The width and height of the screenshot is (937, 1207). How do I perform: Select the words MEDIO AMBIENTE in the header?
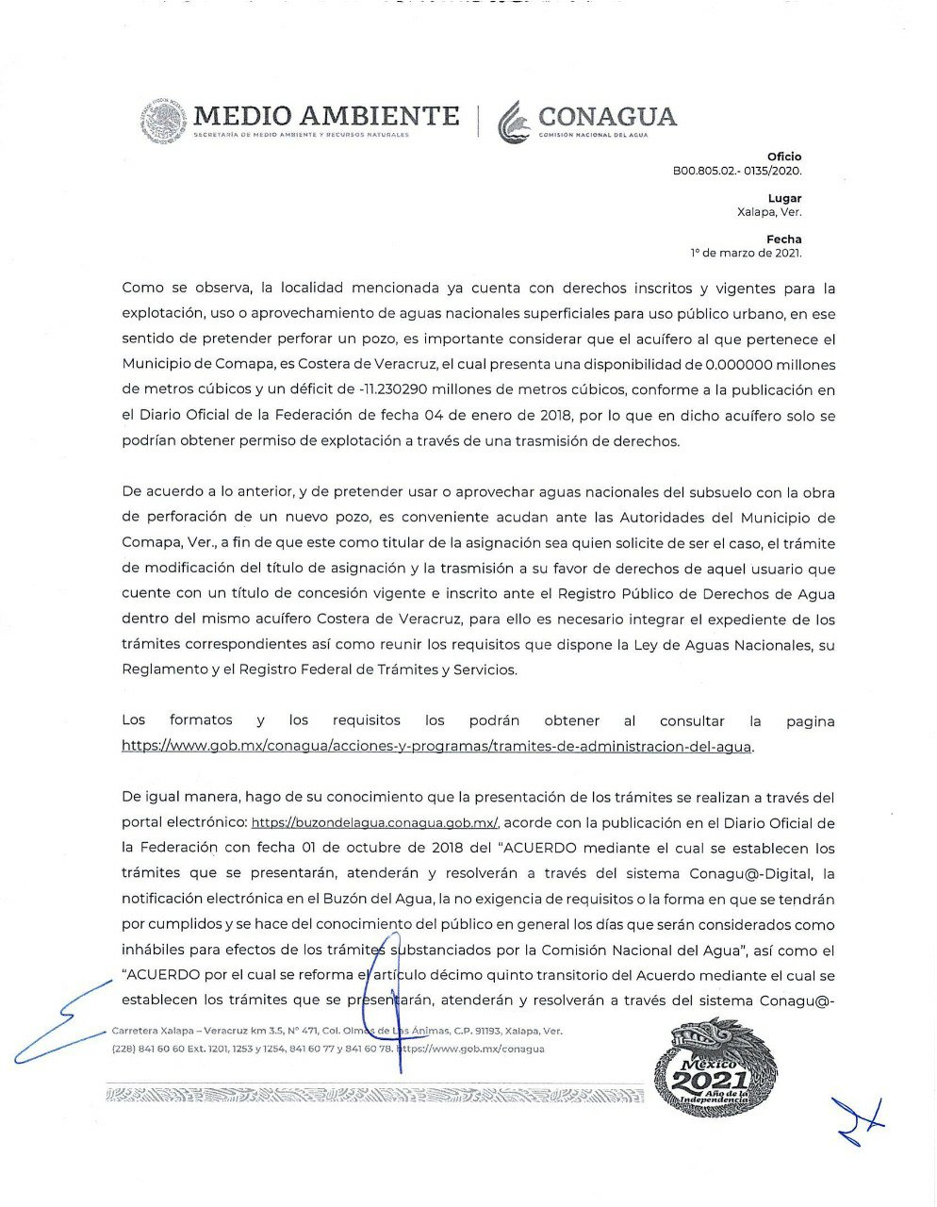(326, 116)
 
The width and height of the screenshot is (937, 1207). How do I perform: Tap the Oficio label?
(784, 157)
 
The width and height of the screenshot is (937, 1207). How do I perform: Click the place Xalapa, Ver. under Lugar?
(769, 212)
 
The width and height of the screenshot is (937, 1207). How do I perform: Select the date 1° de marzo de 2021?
(746, 254)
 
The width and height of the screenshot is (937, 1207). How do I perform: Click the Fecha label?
(784, 240)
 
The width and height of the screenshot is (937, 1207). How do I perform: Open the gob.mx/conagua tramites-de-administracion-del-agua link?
(436, 746)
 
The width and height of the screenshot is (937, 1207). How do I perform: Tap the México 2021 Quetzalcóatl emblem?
(716, 1068)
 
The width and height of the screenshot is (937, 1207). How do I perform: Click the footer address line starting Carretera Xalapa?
(337, 1032)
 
